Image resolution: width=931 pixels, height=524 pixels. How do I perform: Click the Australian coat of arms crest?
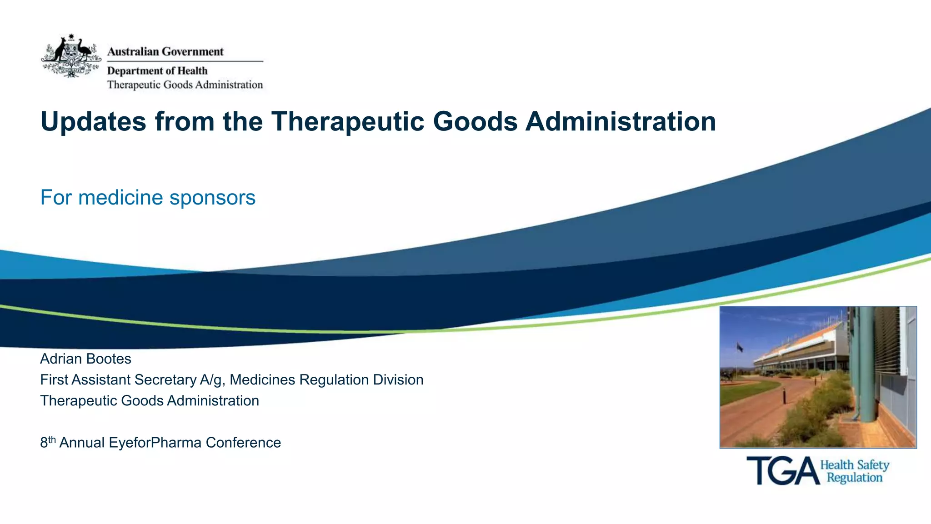point(71,56)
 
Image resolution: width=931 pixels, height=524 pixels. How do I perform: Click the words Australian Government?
point(165,52)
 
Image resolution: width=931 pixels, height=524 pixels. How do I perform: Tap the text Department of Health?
point(157,71)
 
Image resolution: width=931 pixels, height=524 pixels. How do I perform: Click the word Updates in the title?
point(94,122)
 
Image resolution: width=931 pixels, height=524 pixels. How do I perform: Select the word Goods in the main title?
point(475,122)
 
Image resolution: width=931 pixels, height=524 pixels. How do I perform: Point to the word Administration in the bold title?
point(621,122)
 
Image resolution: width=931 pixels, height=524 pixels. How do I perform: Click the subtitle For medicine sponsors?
point(148,198)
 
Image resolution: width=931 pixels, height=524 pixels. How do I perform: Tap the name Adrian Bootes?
point(85,359)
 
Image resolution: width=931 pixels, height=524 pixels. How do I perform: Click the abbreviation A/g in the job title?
point(212,380)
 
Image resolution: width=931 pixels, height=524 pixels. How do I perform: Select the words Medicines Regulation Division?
point(326,380)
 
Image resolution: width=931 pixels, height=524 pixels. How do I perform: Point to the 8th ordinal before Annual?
point(48,442)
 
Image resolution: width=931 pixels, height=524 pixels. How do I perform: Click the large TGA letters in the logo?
point(782,471)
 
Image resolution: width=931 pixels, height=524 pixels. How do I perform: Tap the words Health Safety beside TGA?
point(855,465)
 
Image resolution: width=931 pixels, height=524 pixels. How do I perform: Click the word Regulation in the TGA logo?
point(855,478)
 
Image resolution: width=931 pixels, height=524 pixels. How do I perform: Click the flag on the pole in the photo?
point(740,348)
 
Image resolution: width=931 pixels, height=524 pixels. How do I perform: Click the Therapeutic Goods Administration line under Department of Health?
point(185,85)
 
